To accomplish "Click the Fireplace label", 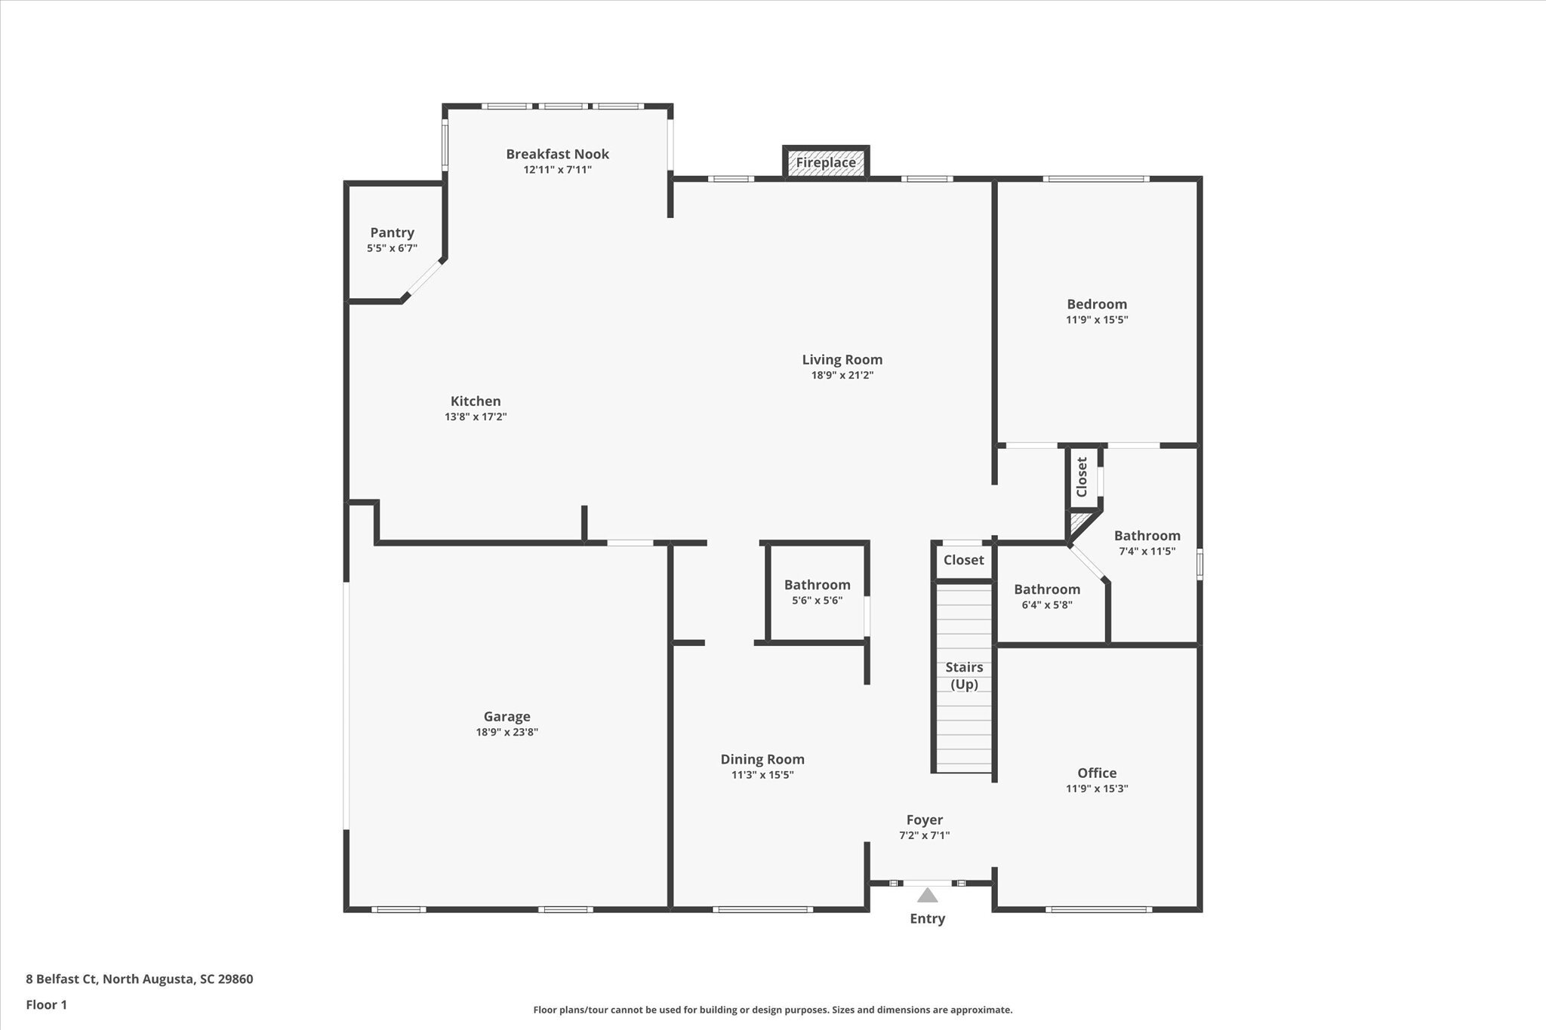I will pyautogui.click(x=826, y=163).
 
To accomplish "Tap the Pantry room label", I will pyautogui.click(x=392, y=233).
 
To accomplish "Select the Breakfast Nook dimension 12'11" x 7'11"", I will pyautogui.click(x=557, y=170).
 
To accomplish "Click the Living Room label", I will pyautogui.click(x=842, y=360).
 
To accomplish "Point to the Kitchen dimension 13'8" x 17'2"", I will pyautogui.click(x=476, y=417).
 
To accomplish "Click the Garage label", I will pyautogui.click(x=507, y=717).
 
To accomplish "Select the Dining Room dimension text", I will pyautogui.click(x=762, y=775).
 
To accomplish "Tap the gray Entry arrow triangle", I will pyautogui.click(x=927, y=896).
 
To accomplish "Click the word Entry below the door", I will pyautogui.click(x=927, y=918).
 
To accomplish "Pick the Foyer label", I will pyautogui.click(x=924, y=820).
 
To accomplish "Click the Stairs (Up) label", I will pyautogui.click(x=964, y=675).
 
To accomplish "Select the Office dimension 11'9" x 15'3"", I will pyautogui.click(x=1096, y=789).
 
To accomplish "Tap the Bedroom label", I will pyautogui.click(x=1096, y=304).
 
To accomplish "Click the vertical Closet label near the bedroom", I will pyautogui.click(x=1082, y=477).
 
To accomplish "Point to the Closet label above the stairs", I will pyautogui.click(x=963, y=560).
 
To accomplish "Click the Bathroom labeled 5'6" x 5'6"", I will pyautogui.click(x=817, y=586).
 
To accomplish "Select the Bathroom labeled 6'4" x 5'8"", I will pyautogui.click(x=1046, y=590).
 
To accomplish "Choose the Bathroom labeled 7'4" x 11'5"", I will pyautogui.click(x=1147, y=537).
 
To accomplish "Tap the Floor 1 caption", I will pyautogui.click(x=47, y=1005).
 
